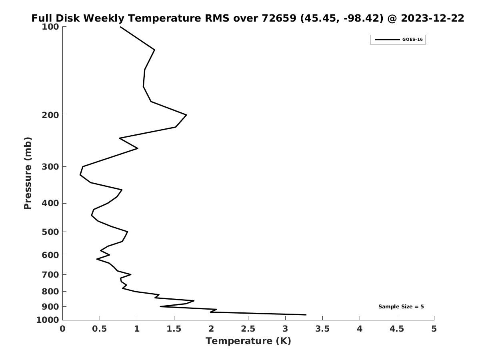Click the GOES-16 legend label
coord(412,40)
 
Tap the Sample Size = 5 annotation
coord(401,307)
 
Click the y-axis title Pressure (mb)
coord(28,173)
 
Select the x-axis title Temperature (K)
coord(248,341)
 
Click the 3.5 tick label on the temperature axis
coord(322,329)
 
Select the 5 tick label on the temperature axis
coord(434,329)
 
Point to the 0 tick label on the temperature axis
coord(63,329)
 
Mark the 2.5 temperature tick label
coord(248,329)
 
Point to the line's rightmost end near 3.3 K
coord(306,315)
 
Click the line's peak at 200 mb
coord(186,115)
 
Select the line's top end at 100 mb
coord(120,27)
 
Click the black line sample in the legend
coord(387,40)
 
